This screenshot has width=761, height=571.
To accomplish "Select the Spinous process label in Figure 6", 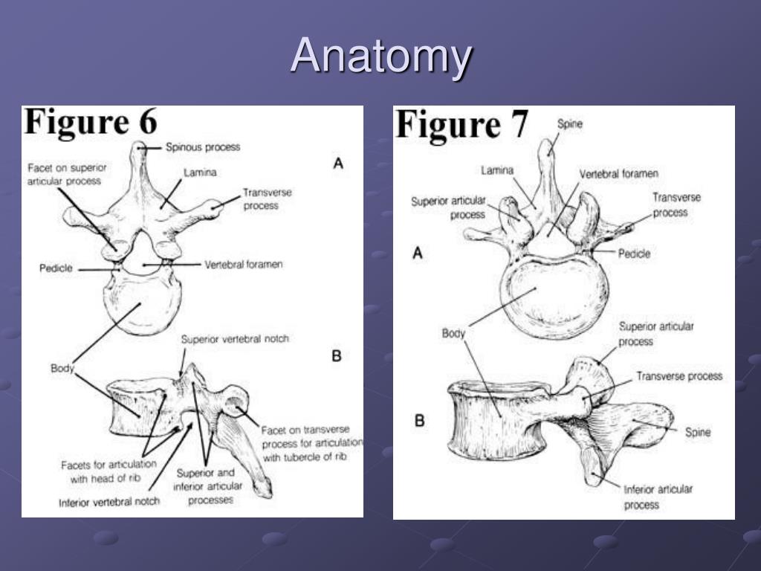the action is pyautogui.click(x=203, y=147).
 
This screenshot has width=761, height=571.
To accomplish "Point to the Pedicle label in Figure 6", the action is pyautogui.click(x=56, y=268).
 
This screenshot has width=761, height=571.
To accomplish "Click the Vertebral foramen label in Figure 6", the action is pyautogui.click(x=244, y=264).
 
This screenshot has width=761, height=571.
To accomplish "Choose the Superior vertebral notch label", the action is pyautogui.click(x=235, y=339).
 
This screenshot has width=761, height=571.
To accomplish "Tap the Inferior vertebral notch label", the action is pyautogui.click(x=109, y=502).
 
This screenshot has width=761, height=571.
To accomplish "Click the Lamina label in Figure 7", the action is pyautogui.click(x=497, y=170).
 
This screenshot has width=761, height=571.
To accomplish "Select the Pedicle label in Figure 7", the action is pyautogui.click(x=634, y=254).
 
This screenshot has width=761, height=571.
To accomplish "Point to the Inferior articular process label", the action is pyautogui.click(x=658, y=497).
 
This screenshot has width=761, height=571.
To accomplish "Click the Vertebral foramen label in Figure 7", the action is pyautogui.click(x=619, y=174).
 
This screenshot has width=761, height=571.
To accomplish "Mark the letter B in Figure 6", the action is pyautogui.click(x=336, y=356).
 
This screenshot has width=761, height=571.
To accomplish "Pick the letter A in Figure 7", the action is pyautogui.click(x=418, y=254).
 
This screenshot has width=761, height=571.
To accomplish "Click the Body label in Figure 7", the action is pyautogui.click(x=453, y=333).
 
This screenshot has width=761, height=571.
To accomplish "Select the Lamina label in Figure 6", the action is pyautogui.click(x=201, y=173).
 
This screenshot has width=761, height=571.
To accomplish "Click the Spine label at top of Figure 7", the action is pyautogui.click(x=570, y=125).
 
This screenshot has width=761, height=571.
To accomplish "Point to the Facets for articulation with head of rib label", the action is pyautogui.click(x=109, y=471).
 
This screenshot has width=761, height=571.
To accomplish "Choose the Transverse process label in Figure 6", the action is pyautogui.click(x=267, y=199).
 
